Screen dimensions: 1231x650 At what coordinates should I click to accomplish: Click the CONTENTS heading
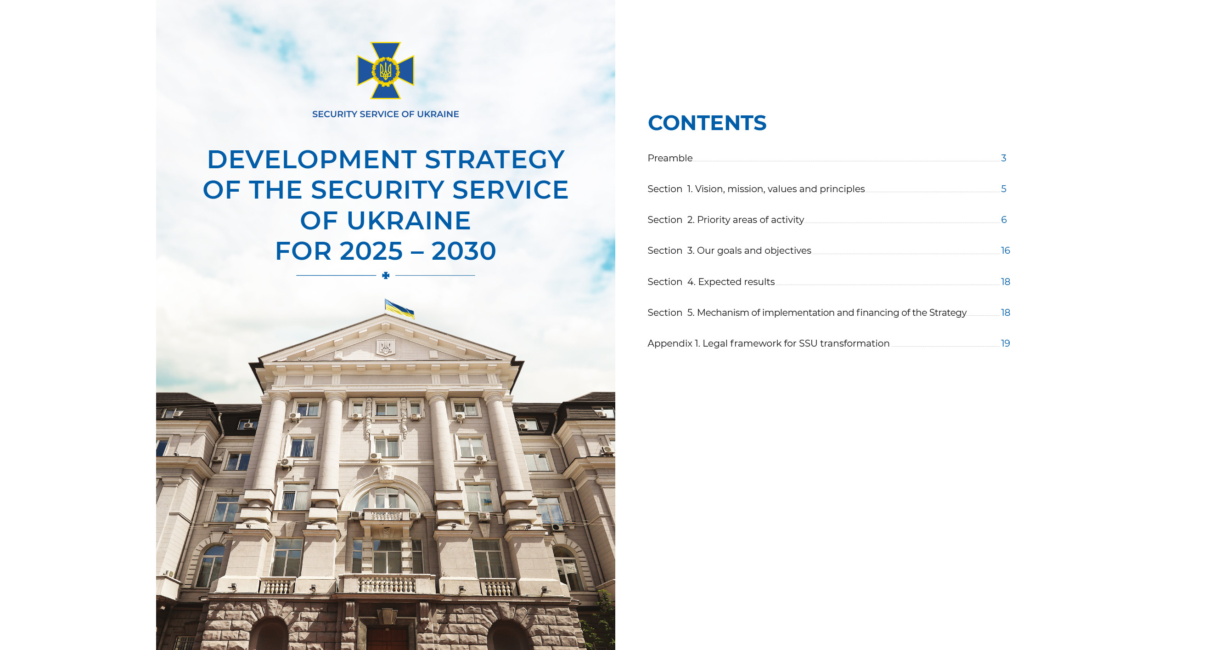point(707,123)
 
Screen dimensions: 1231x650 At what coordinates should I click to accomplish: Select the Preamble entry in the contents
point(669,158)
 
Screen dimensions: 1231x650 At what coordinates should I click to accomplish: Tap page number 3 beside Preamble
point(1004,158)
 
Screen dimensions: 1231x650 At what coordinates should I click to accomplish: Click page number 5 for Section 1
point(1004,189)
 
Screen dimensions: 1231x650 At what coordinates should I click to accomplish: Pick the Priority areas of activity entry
point(726,220)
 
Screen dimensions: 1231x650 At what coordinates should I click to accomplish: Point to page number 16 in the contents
point(1006,251)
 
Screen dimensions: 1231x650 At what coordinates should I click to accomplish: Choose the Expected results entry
point(711,282)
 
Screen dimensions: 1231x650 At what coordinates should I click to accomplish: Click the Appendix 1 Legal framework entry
point(769,343)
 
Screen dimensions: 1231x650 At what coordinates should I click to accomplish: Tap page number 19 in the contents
point(1006,343)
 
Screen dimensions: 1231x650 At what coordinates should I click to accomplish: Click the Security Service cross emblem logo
point(386,70)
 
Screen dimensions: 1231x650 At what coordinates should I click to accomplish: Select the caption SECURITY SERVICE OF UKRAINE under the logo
point(386,114)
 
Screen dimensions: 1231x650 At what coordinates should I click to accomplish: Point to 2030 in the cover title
point(464,251)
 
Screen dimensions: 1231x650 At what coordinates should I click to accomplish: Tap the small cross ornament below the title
point(386,275)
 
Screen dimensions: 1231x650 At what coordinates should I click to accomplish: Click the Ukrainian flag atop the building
point(399,308)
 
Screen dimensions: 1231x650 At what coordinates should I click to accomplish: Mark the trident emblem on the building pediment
point(385,347)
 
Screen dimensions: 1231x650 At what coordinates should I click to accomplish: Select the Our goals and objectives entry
point(729,251)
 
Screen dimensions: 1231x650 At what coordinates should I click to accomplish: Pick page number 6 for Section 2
point(1004,220)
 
